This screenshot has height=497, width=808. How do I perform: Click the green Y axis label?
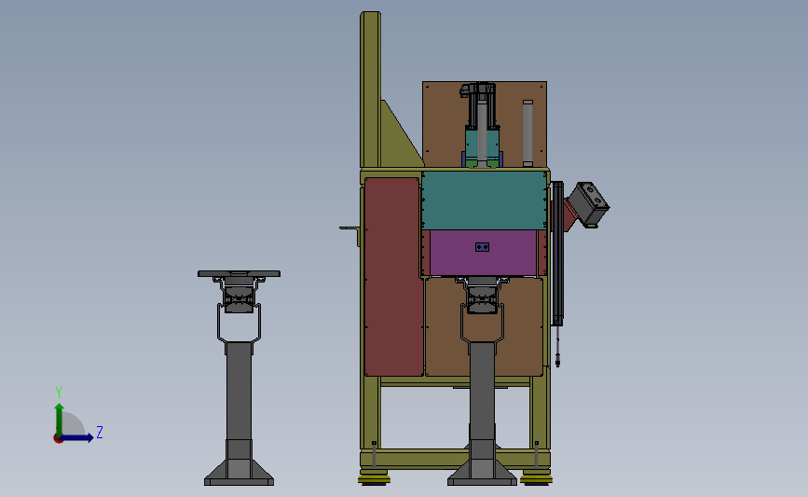point(58,393)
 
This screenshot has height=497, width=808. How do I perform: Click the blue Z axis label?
point(100,432)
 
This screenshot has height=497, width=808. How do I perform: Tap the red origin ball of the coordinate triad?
point(58,439)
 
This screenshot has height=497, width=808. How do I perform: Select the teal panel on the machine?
point(484,200)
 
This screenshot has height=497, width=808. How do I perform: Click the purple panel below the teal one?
point(483,253)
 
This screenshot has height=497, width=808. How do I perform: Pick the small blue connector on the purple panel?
point(483,247)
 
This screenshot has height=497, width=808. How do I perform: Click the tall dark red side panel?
point(393,277)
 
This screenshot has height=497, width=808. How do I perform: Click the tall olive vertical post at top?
point(370,90)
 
